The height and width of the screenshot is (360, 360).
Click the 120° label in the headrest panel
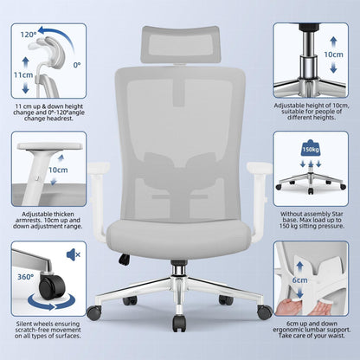pos(29,35)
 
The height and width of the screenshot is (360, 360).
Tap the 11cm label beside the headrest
pos(23,75)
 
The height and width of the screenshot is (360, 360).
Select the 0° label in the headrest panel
pos(77,65)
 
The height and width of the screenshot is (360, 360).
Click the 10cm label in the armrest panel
pos(58,170)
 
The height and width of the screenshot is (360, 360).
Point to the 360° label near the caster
pos(25,277)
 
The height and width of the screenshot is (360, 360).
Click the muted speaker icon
pos(74,254)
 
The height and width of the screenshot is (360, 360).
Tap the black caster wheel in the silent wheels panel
pos(51,286)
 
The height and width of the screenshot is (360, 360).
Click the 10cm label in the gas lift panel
pos(333,55)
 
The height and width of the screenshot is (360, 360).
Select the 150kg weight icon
pos(311,148)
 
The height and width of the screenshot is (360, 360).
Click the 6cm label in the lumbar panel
pos(299,280)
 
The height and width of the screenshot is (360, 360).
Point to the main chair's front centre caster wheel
pos(179,323)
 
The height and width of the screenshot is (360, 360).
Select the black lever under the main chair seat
pos(124,259)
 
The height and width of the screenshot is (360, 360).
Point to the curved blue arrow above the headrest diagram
pos(57,37)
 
